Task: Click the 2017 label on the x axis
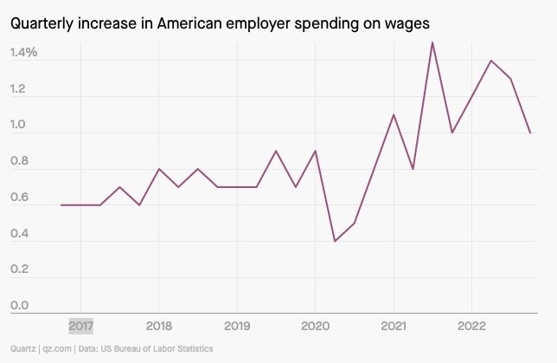[x=80, y=327]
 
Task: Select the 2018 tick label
[x=158, y=327]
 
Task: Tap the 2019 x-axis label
[x=237, y=327]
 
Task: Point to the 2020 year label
[x=315, y=327]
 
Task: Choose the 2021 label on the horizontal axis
[x=394, y=327]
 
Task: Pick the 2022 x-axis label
[x=471, y=327]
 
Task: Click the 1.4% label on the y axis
[x=24, y=53]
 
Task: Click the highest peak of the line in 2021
[x=432, y=42]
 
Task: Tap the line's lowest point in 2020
[x=335, y=241]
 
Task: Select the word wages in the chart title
[x=407, y=23]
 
